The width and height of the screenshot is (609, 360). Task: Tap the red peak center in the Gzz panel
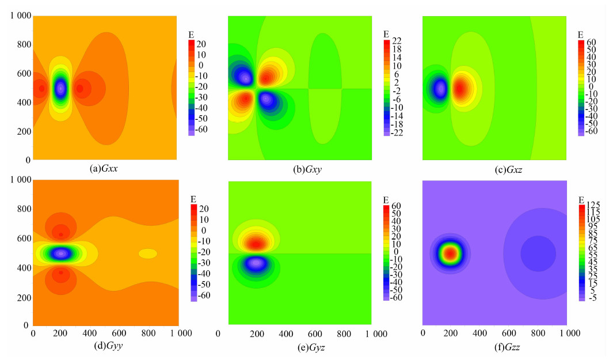tap(451, 252)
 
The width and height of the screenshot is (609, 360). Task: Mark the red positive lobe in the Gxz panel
tap(461, 89)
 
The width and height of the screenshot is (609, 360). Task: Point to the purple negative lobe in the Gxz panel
tap(440, 89)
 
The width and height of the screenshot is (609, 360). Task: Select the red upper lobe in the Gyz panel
tap(257, 244)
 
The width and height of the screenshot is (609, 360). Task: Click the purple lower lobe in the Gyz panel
tap(257, 263)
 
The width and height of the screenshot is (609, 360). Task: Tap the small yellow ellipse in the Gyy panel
tap(147, 253)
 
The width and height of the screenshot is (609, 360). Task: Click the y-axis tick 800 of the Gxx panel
tap(23, 44)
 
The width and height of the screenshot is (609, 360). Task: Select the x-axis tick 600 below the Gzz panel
tap(508, 334)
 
